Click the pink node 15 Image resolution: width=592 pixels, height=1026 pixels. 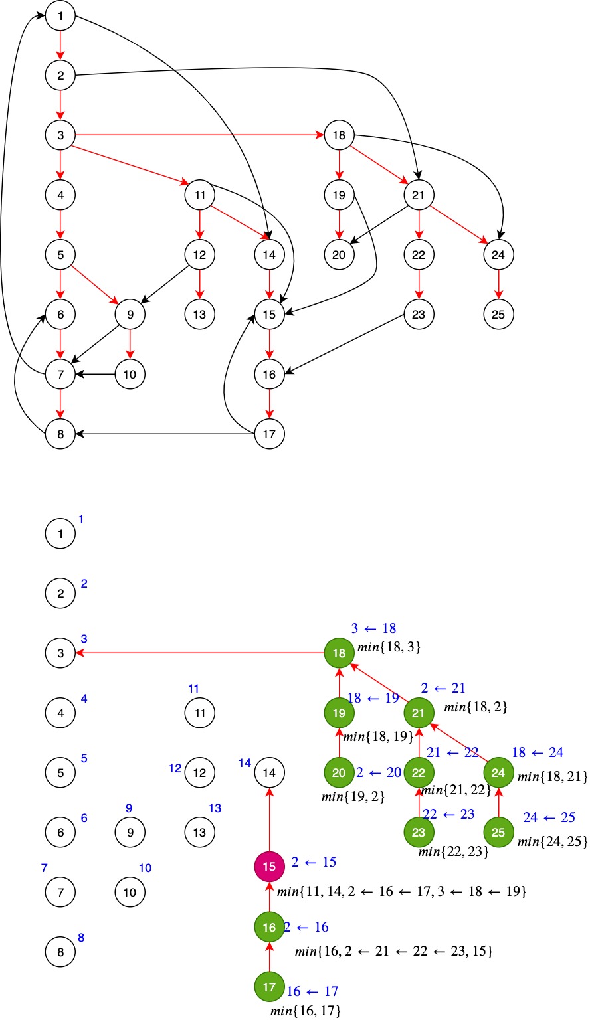point(269,867)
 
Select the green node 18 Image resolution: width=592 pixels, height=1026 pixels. point(339,653)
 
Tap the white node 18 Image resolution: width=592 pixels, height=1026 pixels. point(339,135)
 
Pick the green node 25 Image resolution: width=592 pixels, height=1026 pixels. point(498,833)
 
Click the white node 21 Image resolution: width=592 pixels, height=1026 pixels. point(419,195)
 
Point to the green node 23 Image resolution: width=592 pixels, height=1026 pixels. point(419,833)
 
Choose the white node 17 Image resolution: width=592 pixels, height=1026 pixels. point(269,434)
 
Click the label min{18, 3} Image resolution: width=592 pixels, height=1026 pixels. point(389,647)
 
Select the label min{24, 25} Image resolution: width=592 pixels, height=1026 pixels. point(552,842)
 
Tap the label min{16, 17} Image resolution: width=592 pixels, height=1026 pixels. point(306,1011)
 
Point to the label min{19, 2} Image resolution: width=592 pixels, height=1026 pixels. point(353,796)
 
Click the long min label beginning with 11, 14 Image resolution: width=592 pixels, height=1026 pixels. point(401,892)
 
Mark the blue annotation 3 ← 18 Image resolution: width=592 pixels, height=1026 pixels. point(373,628)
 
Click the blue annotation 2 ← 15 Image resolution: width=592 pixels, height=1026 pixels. point(314,862)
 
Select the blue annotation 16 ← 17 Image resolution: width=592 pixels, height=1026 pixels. point(312,991)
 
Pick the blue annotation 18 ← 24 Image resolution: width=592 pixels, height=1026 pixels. point(538,752)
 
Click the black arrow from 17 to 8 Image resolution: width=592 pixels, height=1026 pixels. point(166,434)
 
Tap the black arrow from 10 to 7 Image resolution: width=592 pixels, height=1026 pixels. point(96,375)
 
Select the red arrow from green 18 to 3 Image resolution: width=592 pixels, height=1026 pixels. point(199,653)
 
